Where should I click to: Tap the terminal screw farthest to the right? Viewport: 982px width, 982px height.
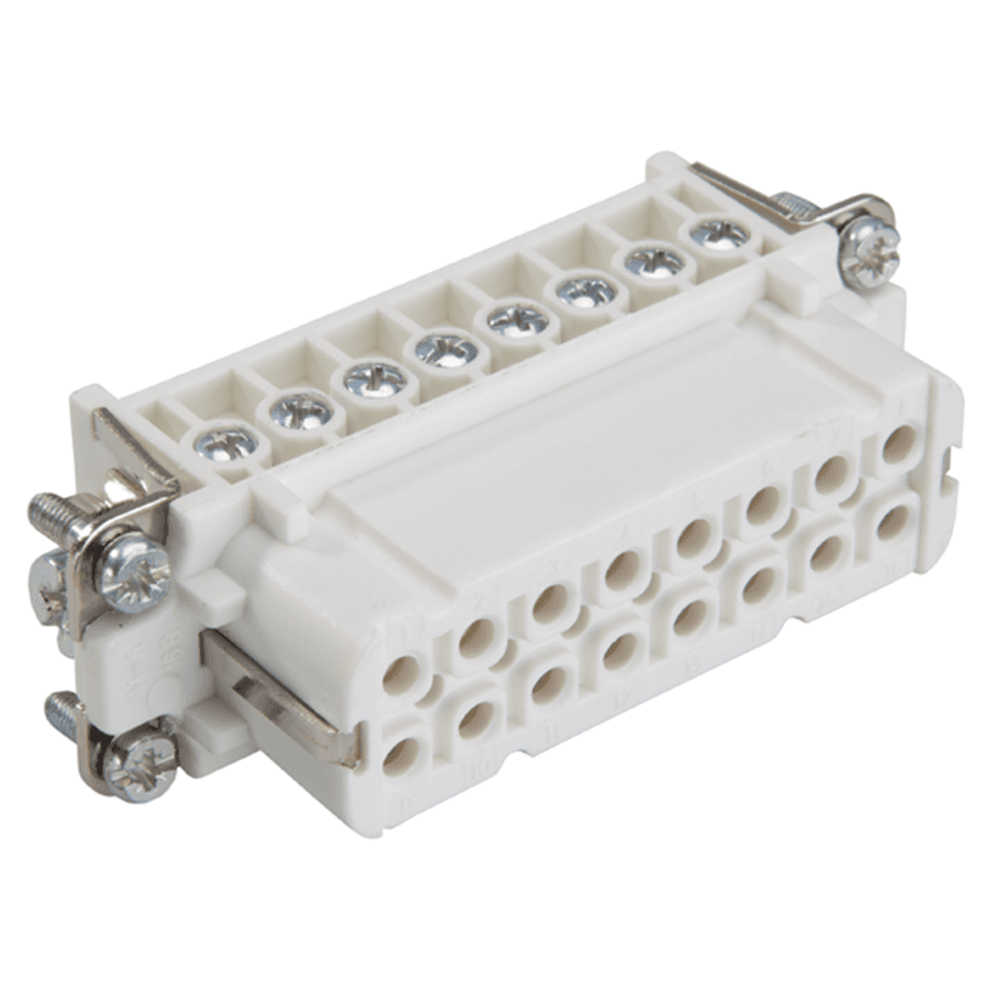point(719,234)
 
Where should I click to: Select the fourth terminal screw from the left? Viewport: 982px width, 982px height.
point(447,349)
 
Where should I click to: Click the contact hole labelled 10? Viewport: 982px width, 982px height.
point(475,720)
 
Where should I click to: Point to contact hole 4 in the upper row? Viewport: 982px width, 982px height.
point(623,571)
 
